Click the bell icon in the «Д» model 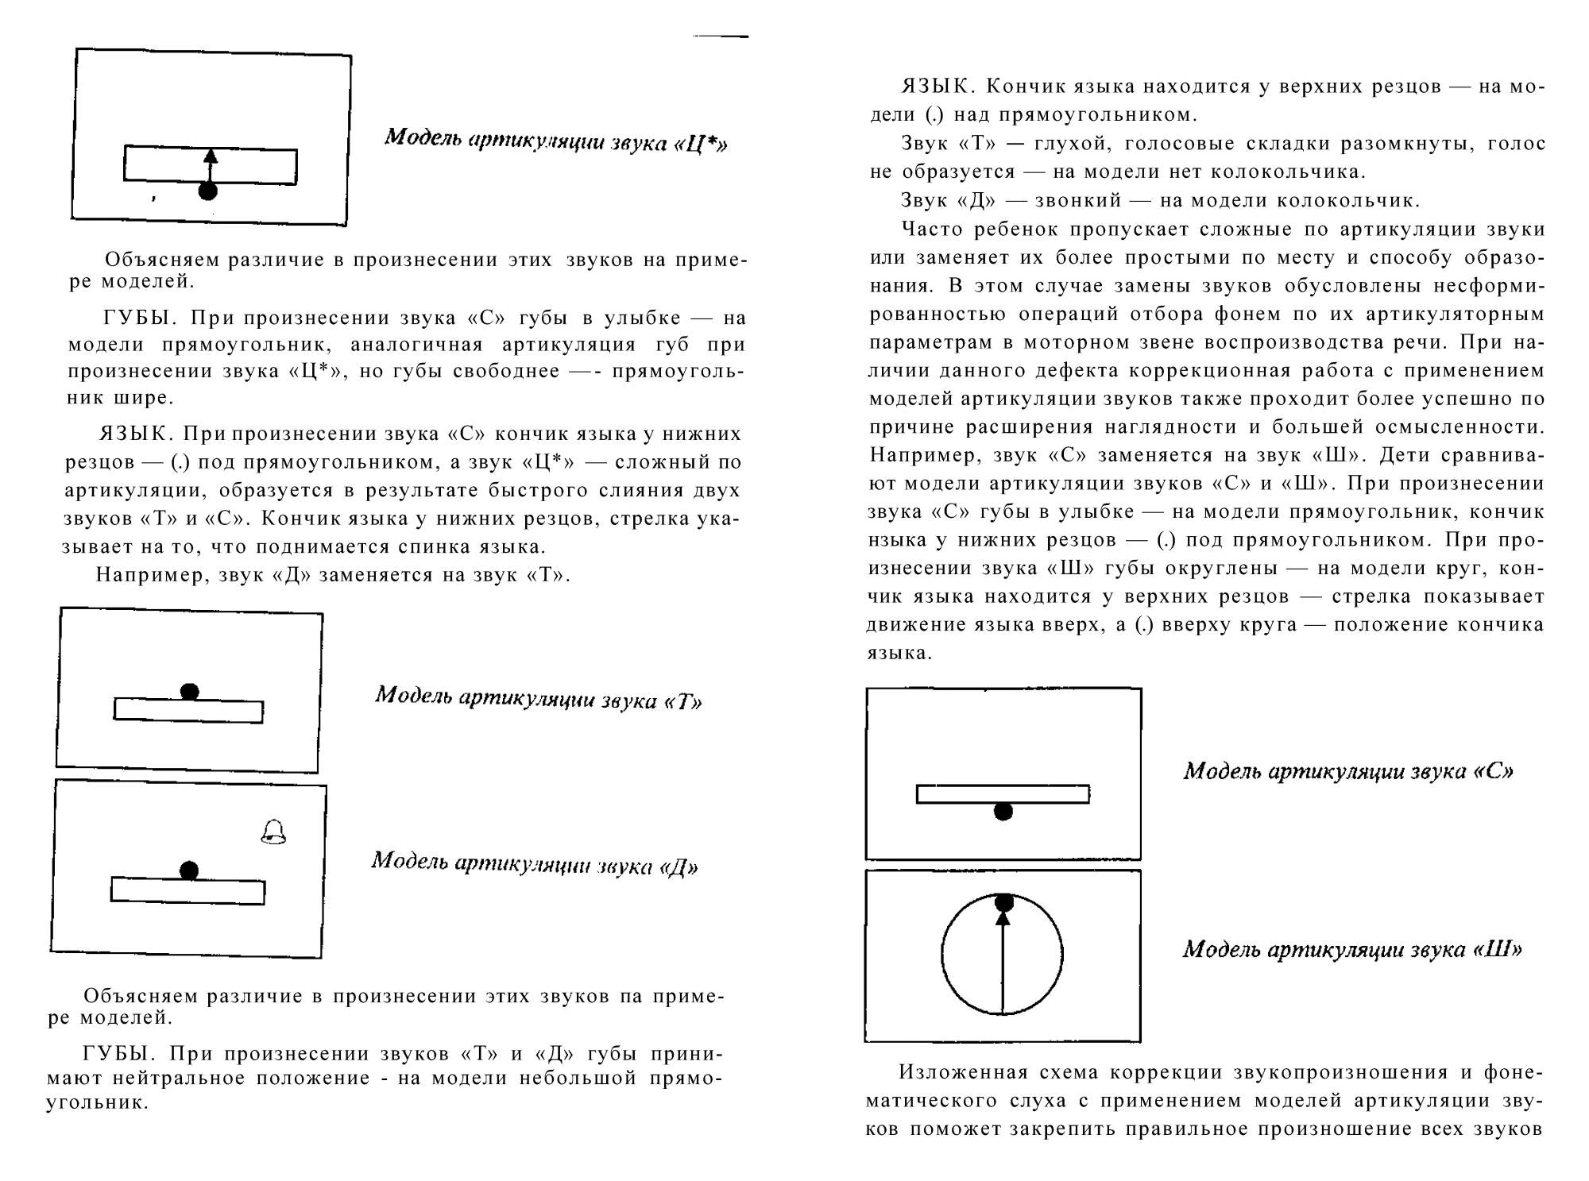pyautogui.click(x=273, y=832)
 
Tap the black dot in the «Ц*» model pyautogui.click(x=208, y=191)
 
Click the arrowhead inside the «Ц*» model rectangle pyautogui.click(x=211, y=156)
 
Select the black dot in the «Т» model pyautogui.click(x=189, y=692)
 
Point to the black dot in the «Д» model pyautogui.click(x=189, y=870)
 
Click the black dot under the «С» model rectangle pyautogui.click(x=1003, y=811)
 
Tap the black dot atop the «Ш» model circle pyautogui.click(x=1003, y=902)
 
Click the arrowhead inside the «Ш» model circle pyautogui.click(x=1003, y=918)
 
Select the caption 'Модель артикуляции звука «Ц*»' pyautogui.click(x=555, y=141)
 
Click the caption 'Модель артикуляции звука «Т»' pyautogui.click(x=539, y=698)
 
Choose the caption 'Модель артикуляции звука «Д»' pyautogui.click(x=535, y=863)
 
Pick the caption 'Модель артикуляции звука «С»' pyautogui.click(x=1348, y=771)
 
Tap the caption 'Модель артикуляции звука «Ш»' pyautogui.click(x=1352, y=949)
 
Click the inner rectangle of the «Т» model pyautogui.click(x=188, y=712)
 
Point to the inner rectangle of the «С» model pyautogui.click(x=1003, y=794)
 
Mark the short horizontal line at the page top pyautogui.click(x=721, y=36)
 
